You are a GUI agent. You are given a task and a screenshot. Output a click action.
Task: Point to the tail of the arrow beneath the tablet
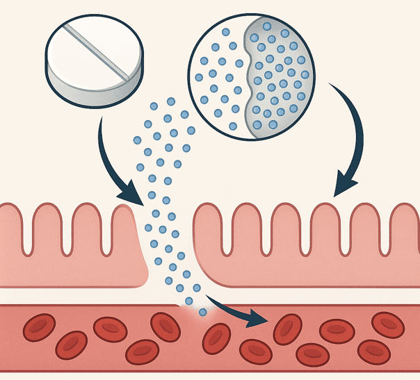(102, 119)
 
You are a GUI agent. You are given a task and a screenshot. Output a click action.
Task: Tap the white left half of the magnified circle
(216, 76)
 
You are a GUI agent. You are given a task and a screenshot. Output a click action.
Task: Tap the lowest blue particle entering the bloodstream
(202, 313)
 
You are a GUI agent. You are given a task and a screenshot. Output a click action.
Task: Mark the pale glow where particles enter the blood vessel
(198, 317)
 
